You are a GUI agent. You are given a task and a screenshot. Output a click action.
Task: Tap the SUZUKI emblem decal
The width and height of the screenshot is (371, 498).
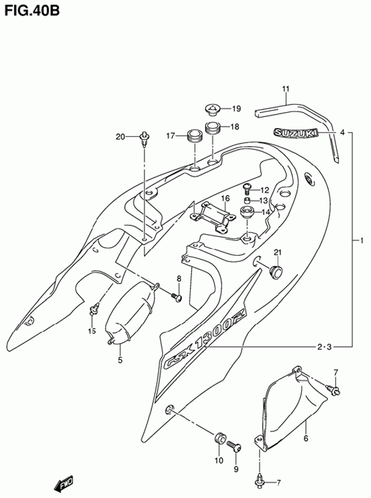point(296,133)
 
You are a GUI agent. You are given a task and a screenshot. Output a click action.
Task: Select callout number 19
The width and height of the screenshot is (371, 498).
point(237,109)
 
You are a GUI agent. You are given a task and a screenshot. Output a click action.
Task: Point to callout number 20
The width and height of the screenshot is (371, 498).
point(120,136)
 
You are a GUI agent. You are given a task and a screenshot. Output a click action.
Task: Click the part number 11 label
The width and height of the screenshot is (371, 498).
point(286,89)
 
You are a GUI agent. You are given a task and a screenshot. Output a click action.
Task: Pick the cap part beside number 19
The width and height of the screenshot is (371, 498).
point(212,110)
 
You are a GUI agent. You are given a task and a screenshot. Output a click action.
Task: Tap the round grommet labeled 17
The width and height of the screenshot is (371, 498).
point(194,136)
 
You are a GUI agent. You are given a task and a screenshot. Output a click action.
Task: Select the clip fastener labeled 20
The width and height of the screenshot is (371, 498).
point(144,139)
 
